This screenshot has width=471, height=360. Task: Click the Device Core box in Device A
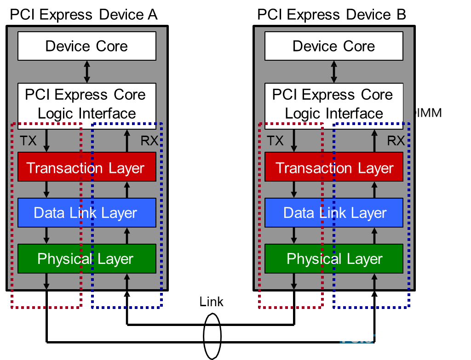coord(86,46)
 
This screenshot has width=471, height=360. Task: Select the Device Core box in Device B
coord(333,46)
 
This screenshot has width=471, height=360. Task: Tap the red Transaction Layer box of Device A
coord(86,167)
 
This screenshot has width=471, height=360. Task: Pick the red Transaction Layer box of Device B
coord(333,167)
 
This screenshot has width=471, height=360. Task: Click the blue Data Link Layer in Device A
coord(86,213)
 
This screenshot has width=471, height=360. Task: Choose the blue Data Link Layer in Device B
coord(333,213)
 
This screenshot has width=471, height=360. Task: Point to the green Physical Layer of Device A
coord(86,259)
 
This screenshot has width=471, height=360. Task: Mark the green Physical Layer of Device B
coord(333,259)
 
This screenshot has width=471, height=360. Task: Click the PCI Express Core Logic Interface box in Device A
coord(86,103)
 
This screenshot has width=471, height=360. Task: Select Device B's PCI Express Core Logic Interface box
coord(333,103)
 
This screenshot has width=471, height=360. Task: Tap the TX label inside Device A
coord(29,141)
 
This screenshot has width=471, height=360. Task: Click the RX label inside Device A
coord(149,141)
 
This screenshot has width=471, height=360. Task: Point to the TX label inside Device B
coord(276,141)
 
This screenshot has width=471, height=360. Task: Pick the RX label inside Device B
coord(396,141)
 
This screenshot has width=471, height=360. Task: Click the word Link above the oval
coord(211,302)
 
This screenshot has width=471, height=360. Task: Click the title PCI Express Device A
coord(84,15)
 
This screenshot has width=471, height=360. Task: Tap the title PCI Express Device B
coord(332,15)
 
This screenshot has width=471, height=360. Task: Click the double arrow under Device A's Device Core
coord(86,72)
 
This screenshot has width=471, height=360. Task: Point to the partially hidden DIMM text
coord(427,113)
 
